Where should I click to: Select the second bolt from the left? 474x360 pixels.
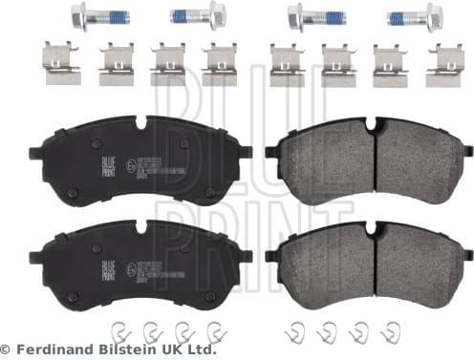196,16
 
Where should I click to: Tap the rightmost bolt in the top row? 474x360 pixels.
416,17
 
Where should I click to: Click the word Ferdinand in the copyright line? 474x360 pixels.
43,349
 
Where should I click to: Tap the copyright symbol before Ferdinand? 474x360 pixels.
8,349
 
